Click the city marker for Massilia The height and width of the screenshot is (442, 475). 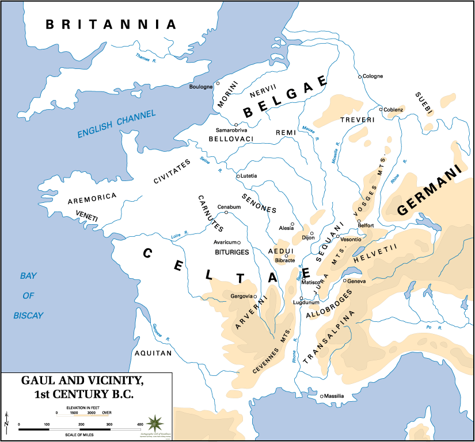pyautogui.click(x=321, y=396)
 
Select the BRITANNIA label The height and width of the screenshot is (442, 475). pyautogui.click(x=111, y=24)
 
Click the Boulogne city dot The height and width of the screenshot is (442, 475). pyautogui.click(x=218, y=83)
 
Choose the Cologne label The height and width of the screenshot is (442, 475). pyautogui.click(x=373, y=76)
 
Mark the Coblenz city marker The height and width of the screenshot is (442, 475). pyautogui.click(x=381, y=109)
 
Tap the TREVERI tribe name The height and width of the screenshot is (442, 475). pyautogui.click(x=357, y=120)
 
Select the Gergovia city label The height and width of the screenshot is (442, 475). pyautogui.click(x=241, y=296)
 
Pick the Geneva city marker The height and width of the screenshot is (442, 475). pyautogui.click(x=344, y=281)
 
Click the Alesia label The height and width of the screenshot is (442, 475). pyautogui.click(x=286, y=228)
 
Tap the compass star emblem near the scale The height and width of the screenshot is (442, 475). pyautogui.click(x=154, y=424)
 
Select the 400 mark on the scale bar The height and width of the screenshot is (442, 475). pyautogui.click(x=140, y=424)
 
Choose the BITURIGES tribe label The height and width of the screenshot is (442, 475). pyautogui.click(x=231, y=252)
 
